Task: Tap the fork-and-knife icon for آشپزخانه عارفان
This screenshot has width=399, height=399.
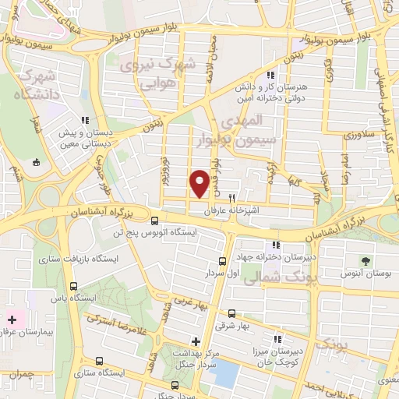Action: point(231,199)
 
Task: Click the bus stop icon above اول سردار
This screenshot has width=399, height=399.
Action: point(223,261)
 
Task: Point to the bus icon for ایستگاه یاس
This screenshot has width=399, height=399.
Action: point(73,286)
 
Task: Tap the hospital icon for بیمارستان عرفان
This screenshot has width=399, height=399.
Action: point(12,320)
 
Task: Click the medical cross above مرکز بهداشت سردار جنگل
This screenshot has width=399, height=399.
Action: point(196,341)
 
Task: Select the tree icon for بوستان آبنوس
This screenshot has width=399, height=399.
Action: point(364,261)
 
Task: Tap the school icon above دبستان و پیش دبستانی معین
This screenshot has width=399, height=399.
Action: point(84,120)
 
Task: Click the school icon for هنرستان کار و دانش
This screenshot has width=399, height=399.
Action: point(270,76)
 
